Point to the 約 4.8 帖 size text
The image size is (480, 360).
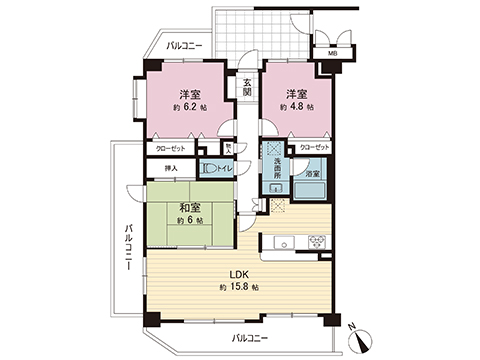(x=296, y=105)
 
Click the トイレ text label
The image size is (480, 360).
(x=225, y=169)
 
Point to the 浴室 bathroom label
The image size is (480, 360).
(x=313, y=175)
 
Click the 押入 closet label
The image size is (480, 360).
(x=171, y=169)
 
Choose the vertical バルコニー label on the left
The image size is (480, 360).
(x=129, y=250)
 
